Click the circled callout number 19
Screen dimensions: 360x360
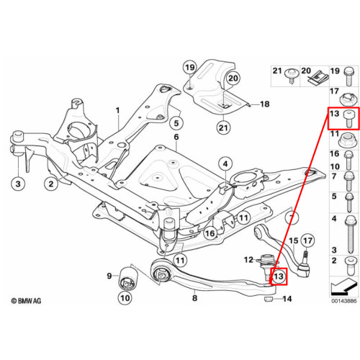tap(190, 68)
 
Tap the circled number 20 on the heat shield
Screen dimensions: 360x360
tap(233, 78)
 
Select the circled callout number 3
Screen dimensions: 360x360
tap(18, 184)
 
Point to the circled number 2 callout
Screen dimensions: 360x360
tap(51, 184)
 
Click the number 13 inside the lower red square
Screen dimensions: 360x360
tap(279, 276)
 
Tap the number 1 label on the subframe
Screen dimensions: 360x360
tap(117, 111)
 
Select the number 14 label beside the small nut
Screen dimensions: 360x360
tap(287, 299)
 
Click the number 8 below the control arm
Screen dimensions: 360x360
tap(194, 298)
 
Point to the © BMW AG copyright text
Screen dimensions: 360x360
tap(27, 301)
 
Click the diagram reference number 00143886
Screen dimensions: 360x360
tap(344, 301)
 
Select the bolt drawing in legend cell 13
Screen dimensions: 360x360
tap(348, 119)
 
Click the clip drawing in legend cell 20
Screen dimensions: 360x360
tap(318, 77)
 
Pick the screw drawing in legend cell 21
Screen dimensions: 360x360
tap(292, 76)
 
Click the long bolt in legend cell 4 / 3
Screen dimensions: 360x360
tap(350, 235)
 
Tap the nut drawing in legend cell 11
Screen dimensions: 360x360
tap(348, 140)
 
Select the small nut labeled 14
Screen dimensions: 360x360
tap(269, 300)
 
